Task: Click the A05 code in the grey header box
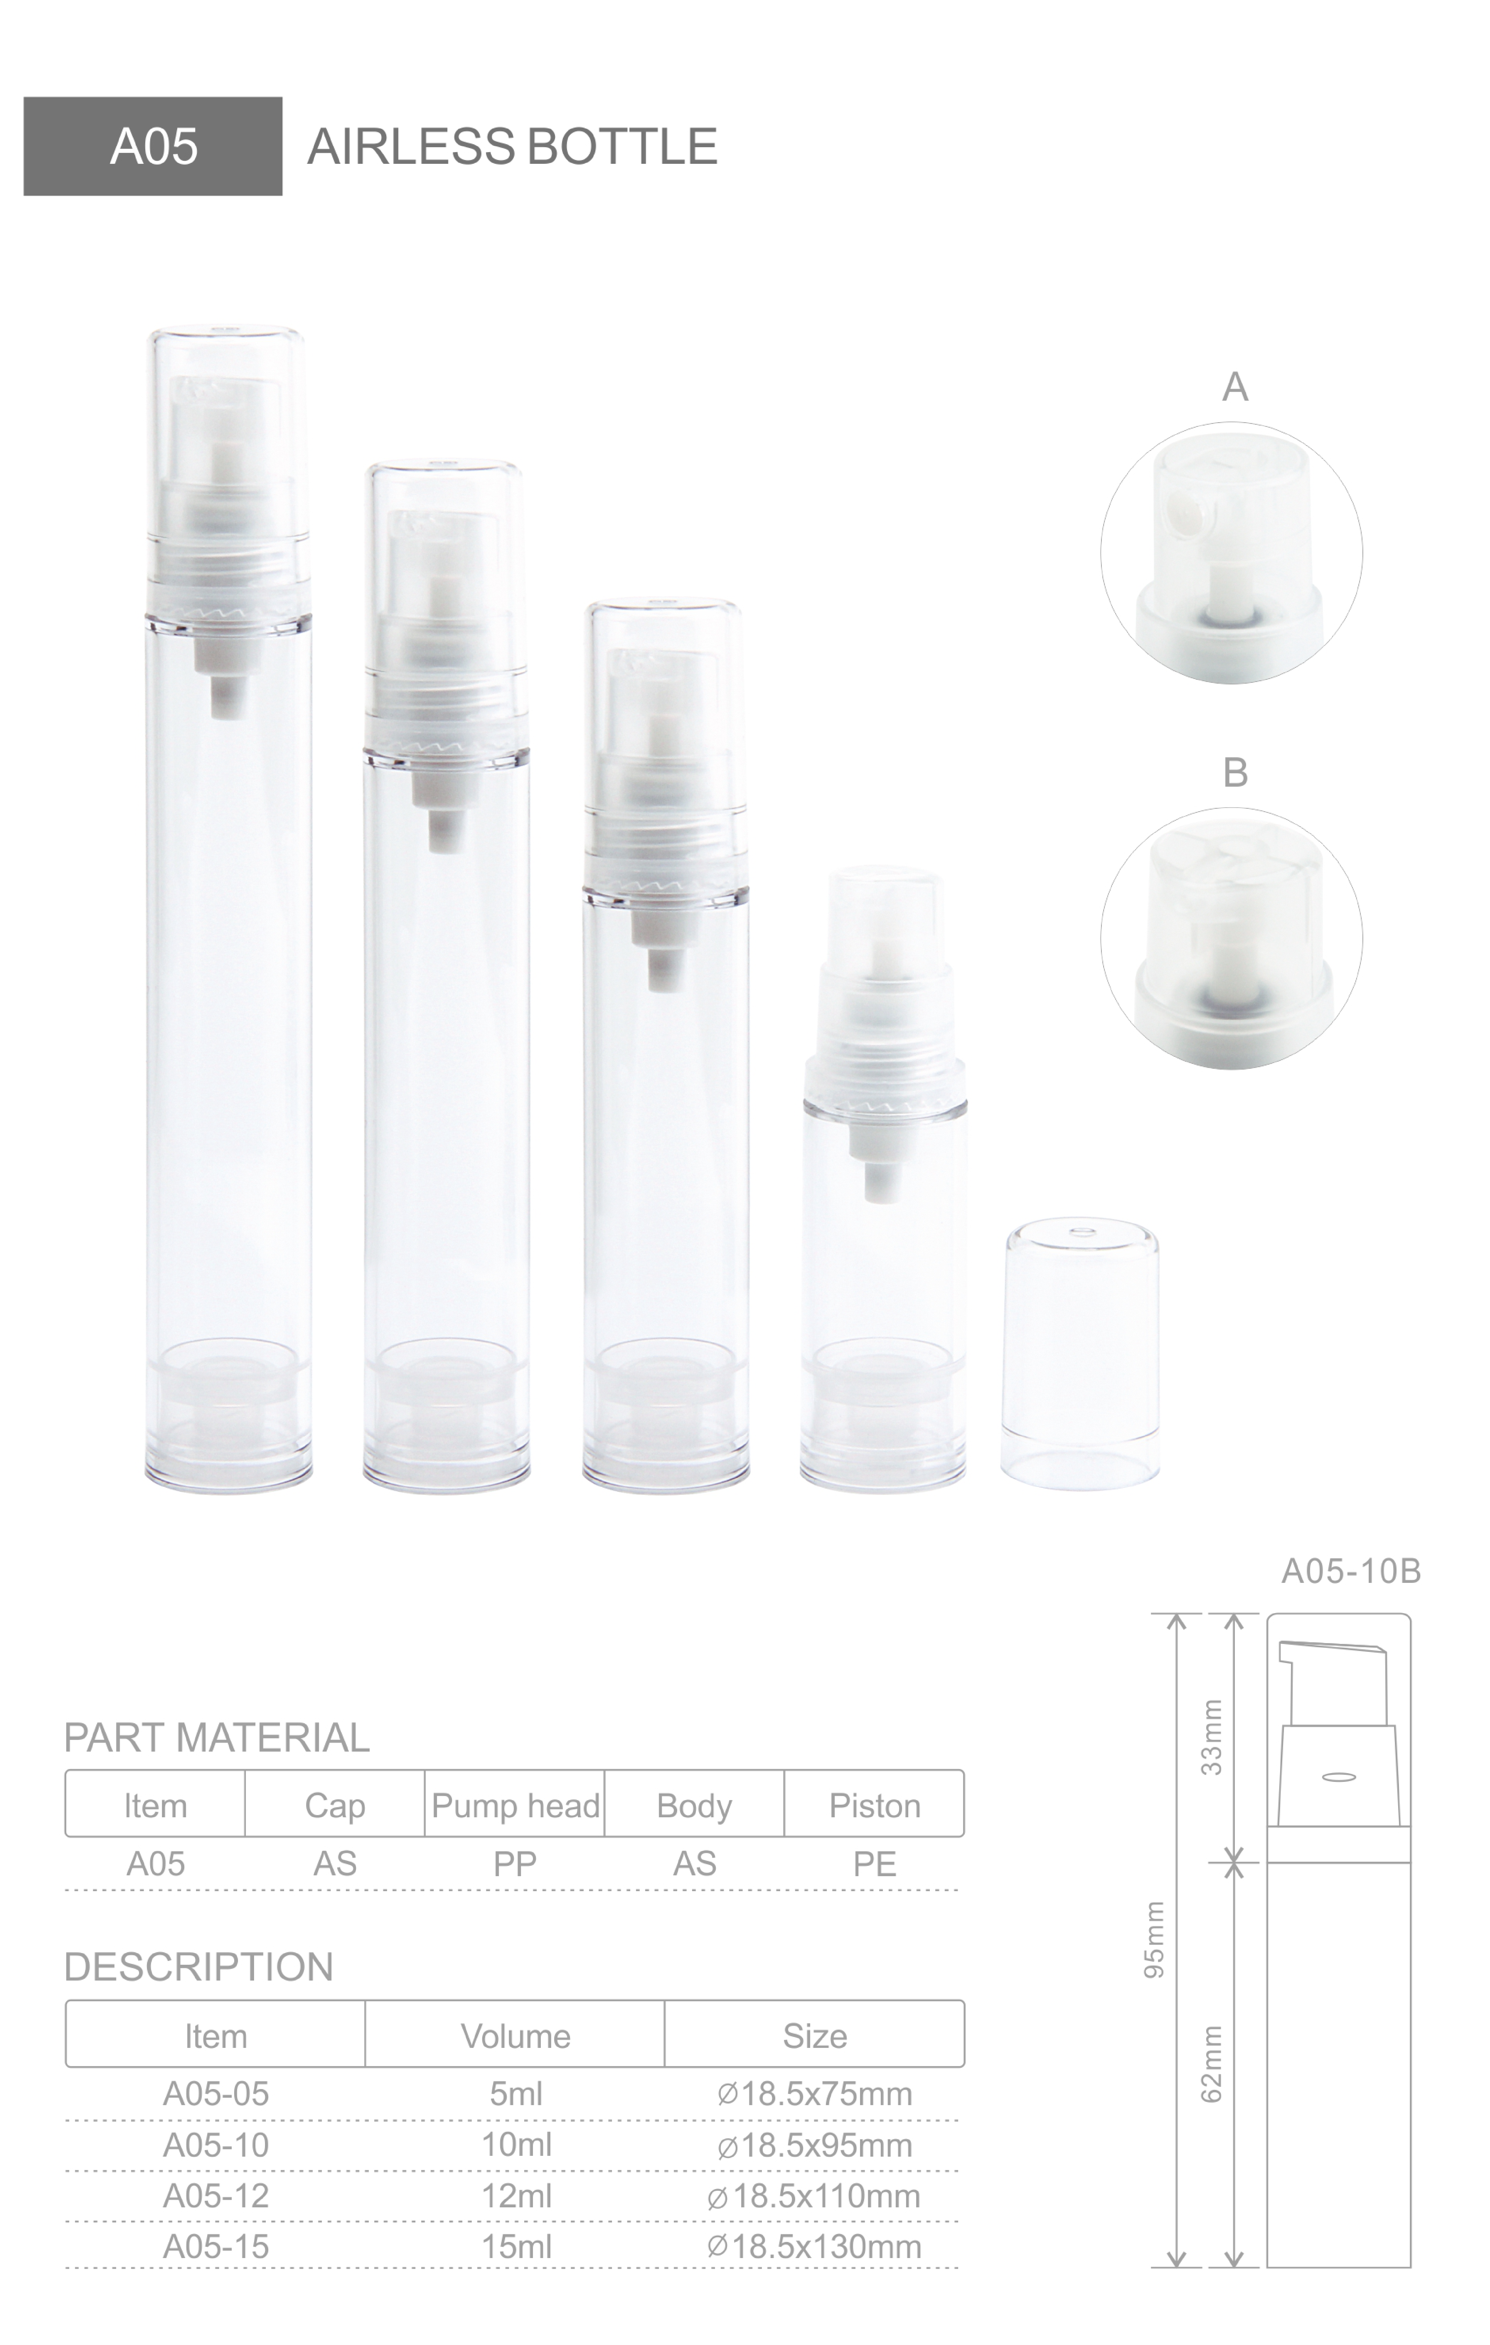pos(154,147)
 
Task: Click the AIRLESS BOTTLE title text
pos(512,147)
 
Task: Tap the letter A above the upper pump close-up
pos(1235,387)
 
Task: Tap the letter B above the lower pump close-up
pos(1235,772)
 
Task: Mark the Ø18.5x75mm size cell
pos(814,2094)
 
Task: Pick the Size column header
pos(814,2036)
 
